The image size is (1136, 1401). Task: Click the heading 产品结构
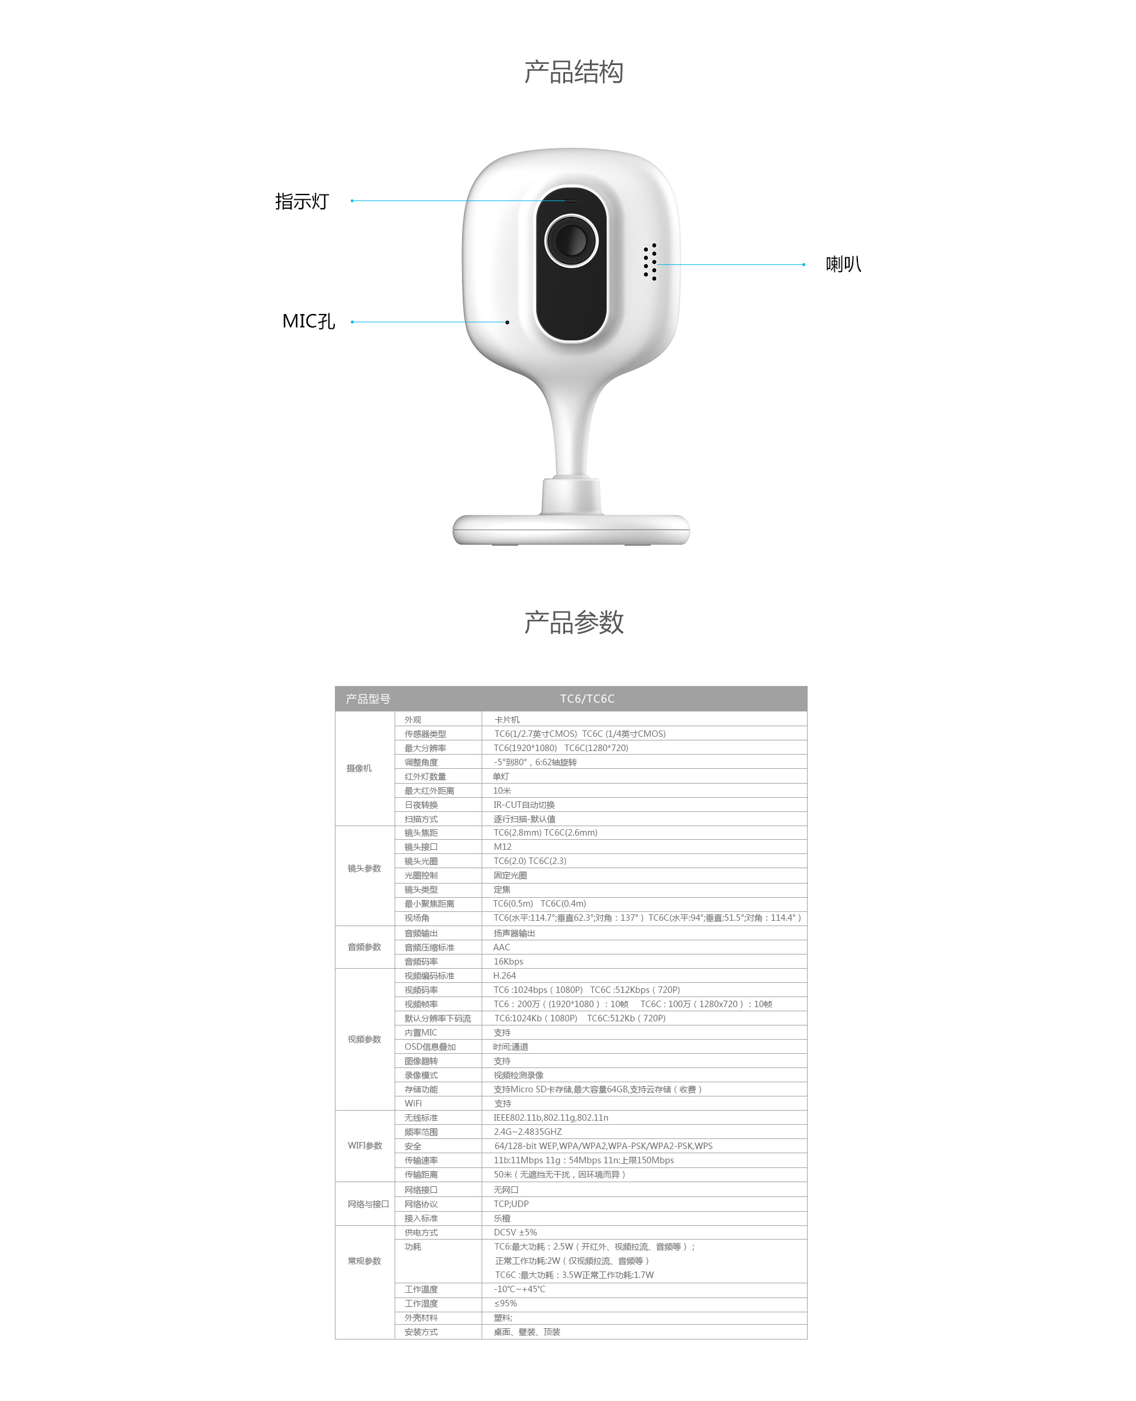[x=573, y=72]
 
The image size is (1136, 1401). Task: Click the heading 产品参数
[x=573, y=622]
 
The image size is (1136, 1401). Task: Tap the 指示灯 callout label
[x=302, y=202]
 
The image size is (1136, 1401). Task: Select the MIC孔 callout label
[x=308, y=321]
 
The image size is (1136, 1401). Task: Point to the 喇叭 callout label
[x=844, y=264]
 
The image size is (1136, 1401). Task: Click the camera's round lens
[x=572, y=240]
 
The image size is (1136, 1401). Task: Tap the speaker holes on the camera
[x=650, y=262]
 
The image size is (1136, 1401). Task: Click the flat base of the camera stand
[x=572, y=530]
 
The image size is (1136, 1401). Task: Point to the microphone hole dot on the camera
[x=507, y=322]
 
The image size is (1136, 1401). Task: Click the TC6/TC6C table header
[x=587, y=698]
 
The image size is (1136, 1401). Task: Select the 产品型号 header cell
[x=368, y=699]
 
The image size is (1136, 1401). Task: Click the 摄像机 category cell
[x=359, y=768]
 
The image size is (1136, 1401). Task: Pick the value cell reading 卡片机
[x=506, y=720]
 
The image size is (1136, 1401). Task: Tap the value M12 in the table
[x=502, y=846]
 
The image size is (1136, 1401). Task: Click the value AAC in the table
[x=501, y=947]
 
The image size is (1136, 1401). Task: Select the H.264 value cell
[x=505, y=975]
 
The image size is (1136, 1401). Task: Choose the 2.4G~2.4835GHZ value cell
[x=527, y=1131]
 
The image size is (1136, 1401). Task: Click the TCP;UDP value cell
[x=511, y=1203]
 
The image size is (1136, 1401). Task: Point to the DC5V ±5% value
[x=515, y=1232]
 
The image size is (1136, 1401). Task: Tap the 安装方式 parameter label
[x=421, y=1332]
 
